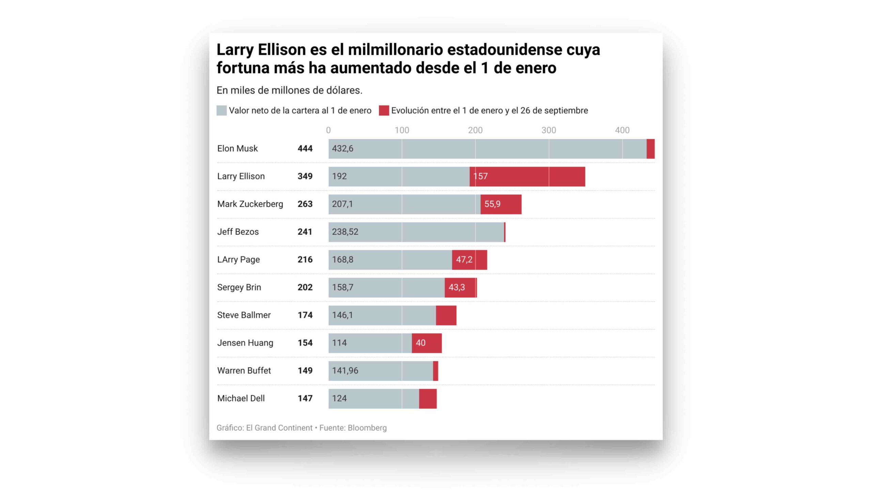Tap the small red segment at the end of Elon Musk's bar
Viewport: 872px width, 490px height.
[x=650, y=149]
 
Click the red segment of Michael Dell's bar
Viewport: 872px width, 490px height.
[x=428, y=399]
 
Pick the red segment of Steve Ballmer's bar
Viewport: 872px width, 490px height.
[x=446, y=315]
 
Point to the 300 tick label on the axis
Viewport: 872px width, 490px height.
[x=549, y=130]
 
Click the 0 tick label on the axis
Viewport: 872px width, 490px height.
[x=328, y=130]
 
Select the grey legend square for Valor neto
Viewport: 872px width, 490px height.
[x=221, y=111]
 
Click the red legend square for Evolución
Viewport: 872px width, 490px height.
[x=384, y=111]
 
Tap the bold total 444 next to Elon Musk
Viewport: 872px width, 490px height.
[x=305, y=149]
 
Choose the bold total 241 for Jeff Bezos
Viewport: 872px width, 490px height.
[x=305, y=232]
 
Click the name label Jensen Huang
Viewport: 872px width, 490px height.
[x=245, y=343]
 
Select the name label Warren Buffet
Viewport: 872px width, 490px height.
[x=244, y=371]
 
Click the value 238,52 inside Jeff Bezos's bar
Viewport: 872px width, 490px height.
[x=345, y=232]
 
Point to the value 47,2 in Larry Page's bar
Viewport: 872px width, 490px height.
[x=464, y=260]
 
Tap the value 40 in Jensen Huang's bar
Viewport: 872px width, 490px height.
[x=420, y=343]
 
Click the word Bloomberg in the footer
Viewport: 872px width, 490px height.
[x=367, y=428]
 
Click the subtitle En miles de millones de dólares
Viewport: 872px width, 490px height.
[x=289, y=91]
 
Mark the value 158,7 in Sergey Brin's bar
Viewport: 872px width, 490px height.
[x=343, y=288]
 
